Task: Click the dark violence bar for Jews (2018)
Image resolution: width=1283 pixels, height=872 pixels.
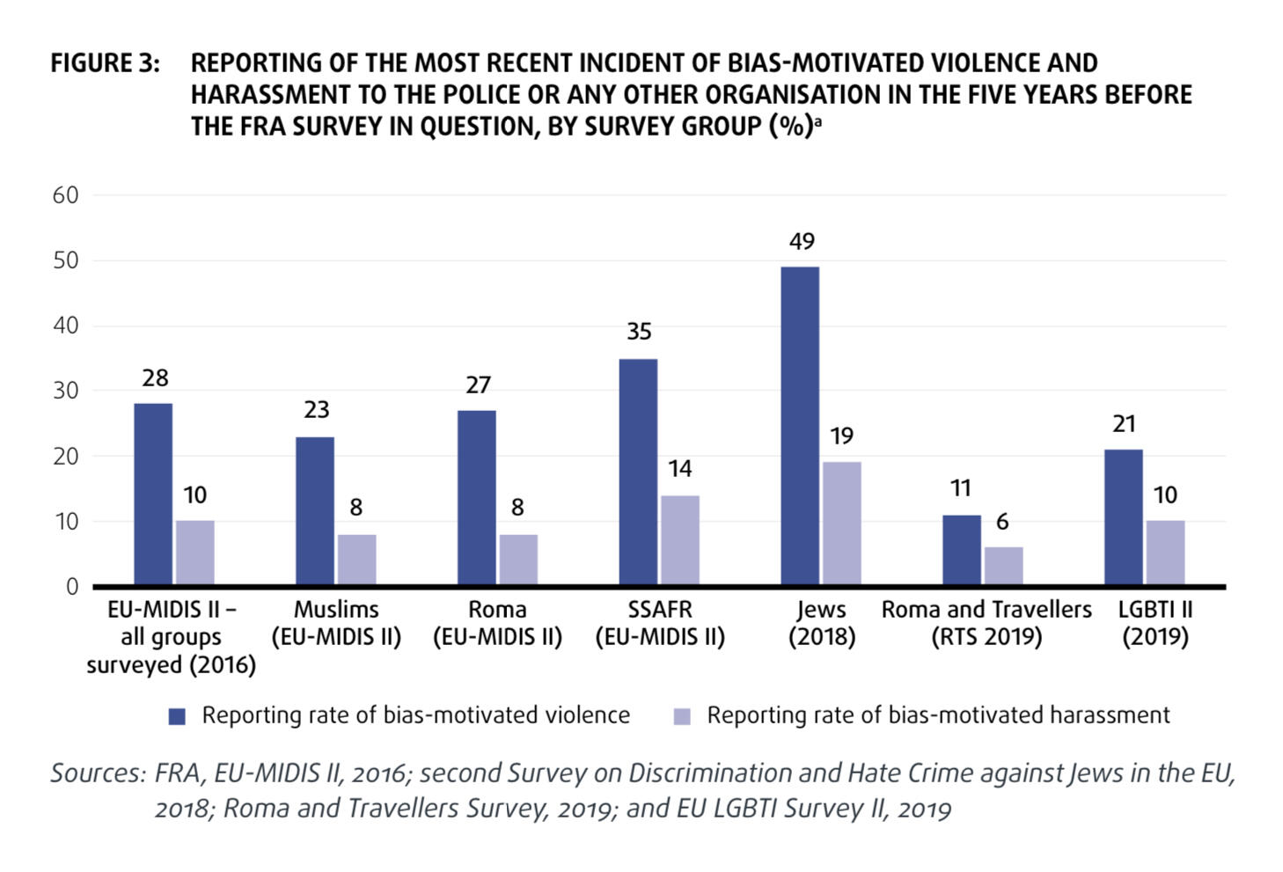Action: [x=800, y=426]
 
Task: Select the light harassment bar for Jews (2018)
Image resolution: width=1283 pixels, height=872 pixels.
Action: [x=842, y=523]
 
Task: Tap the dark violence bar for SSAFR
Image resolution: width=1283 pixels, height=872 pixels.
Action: [x=638, y=472]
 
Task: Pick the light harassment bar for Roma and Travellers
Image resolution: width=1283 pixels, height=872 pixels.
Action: [x=1004, y=565]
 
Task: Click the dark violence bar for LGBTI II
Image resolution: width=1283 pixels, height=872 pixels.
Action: [x=1124, y=517]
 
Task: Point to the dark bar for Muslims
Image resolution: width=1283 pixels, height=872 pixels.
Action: [x=315, y=510]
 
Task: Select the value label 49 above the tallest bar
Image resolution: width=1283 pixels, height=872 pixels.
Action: [x=802, y=241]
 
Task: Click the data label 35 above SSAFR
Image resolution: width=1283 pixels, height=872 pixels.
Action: [x=639, y=332]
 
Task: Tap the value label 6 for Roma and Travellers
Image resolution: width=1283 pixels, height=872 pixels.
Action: [x=1002, y=522]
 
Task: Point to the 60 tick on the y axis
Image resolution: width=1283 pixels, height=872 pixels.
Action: [x=66, y=195]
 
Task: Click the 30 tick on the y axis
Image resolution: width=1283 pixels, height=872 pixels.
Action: [x=66, y=391]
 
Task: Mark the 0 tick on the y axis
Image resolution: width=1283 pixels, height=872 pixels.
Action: [x=72, y=587]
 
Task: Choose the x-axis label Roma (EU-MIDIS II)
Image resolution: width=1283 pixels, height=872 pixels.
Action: [x=497, y=623]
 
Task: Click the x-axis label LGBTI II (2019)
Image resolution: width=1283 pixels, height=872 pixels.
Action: [x=1155, y=623]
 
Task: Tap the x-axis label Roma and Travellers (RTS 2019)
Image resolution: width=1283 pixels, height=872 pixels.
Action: [x=986, y=623]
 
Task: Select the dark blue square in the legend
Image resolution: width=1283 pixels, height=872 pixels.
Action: [x=178, y=716]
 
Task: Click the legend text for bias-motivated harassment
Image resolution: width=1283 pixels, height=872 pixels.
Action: [x=938, y=715]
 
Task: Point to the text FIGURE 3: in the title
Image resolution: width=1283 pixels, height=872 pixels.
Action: [x=106, y=63]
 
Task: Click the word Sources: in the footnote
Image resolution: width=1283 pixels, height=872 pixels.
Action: [x=98, y=773]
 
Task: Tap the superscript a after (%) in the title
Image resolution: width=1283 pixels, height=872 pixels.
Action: [x=817, y=122]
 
